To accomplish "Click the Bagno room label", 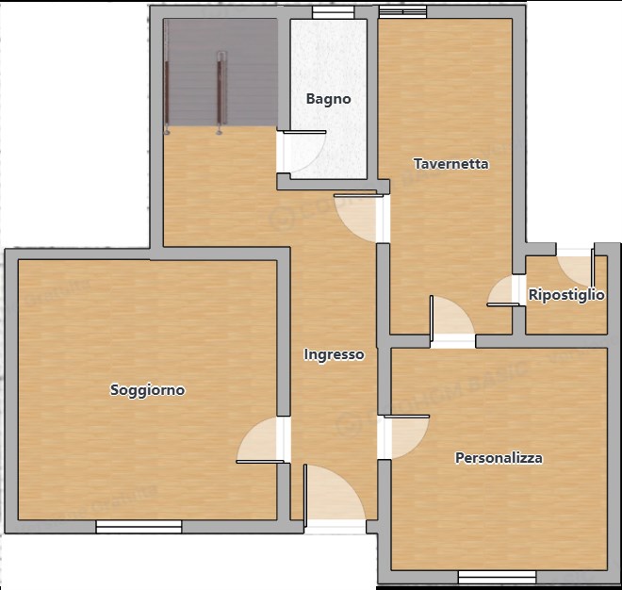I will (x=328, y=98).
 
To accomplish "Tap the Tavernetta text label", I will (x=451, y=163).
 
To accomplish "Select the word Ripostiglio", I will (x=565, y=295).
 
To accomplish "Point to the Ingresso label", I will (x=334, y=354).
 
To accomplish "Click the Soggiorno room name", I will (x=147, y=389).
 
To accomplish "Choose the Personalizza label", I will (x=499, y=458).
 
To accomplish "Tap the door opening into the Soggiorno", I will (x=262, y=440).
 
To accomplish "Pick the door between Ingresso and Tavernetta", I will (x=358, y=218).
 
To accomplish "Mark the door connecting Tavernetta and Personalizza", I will (x=451, y=320).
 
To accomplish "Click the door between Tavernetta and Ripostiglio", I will (x=503, y=292).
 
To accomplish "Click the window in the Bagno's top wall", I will (x=328, y=13).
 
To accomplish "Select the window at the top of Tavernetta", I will (x=402, y=13).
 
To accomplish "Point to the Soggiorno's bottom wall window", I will (x=139, y=526).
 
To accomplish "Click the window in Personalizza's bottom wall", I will (x=497, y=576).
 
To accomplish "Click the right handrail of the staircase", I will (x=221, y=90).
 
